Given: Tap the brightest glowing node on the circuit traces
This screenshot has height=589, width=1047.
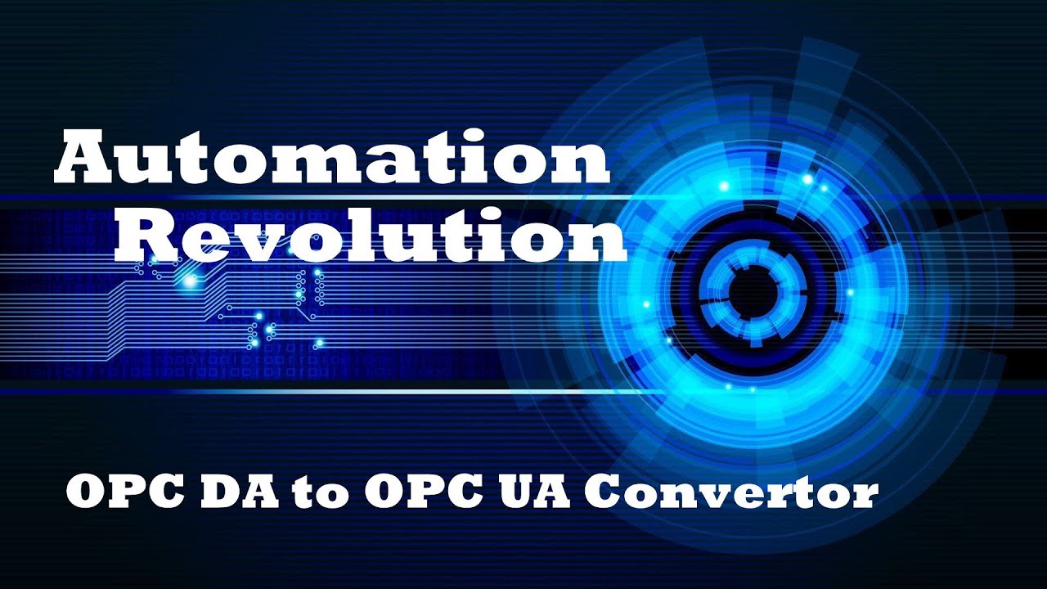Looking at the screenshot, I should (x=191, y=281).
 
